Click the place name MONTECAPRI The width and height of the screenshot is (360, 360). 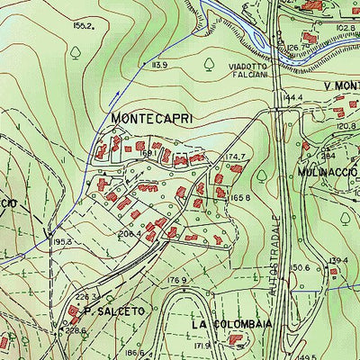coord(152,118)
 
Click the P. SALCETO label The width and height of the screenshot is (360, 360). coord(113,310)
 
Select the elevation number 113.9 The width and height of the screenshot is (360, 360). coord(160,66)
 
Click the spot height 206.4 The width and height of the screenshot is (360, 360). coord(130,234)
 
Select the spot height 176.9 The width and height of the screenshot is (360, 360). coord(176,280)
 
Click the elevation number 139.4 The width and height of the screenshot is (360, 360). coord(338,261)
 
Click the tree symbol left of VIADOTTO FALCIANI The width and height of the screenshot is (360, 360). coord(209,63)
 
